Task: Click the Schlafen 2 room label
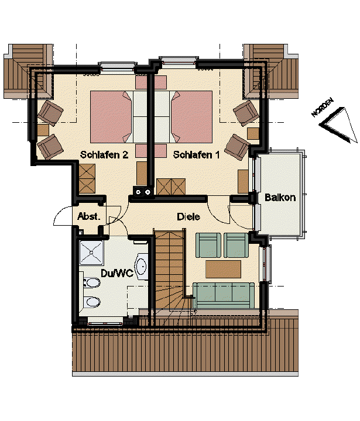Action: tap(104, 155)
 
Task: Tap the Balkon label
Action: tap(280, 198)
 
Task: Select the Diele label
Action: tap(188, 217)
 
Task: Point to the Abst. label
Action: tap(89, 217)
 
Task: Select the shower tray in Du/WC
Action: tap(92, 253)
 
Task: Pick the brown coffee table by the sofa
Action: tap(223, 269)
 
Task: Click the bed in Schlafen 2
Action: tap(111, 116)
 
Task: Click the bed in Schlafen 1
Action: tap(191, 116)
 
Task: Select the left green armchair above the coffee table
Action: tap(208, 244)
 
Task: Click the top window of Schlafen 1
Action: tap(178, 60)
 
